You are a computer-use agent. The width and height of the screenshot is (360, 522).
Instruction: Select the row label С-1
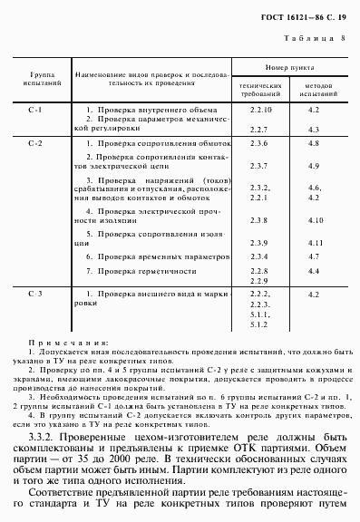point(35,110)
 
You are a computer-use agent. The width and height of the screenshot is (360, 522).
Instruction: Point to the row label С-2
point(35,144)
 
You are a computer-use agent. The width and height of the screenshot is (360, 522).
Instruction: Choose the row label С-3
point(35,295)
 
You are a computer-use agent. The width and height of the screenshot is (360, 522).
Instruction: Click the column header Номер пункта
point(289,69)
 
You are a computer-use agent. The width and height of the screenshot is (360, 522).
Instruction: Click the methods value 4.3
point(314,130)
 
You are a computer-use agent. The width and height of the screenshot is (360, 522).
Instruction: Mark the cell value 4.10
point(316,220)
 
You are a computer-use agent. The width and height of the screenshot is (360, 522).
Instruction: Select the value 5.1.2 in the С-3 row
point(259,324)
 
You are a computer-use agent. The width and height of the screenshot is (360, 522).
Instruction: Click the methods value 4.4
point(314,270)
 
